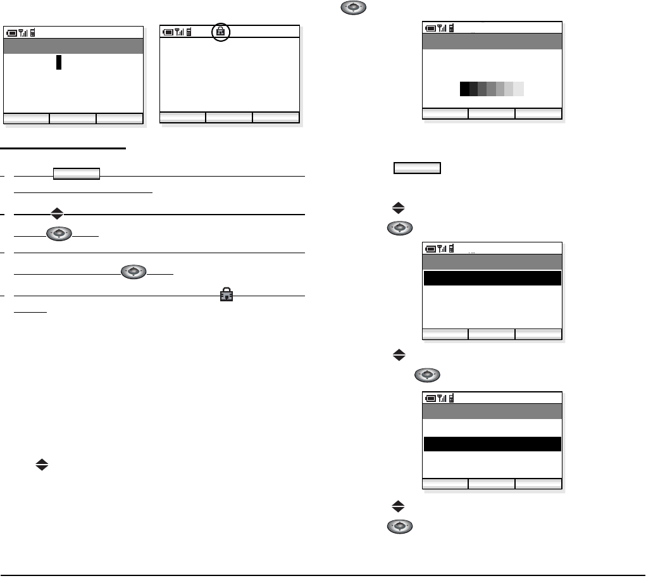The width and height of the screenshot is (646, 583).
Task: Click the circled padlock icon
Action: (x=221, y=32)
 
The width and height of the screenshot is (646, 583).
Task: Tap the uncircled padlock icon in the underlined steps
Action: (x=225, y=295)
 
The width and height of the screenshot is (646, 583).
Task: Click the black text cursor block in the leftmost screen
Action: (x=59, y=62)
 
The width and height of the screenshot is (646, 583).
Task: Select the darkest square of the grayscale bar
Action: (x=464, y=89)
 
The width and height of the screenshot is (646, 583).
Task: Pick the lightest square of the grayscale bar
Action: (x=519, y=89)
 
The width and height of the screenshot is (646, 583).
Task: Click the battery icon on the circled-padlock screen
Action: (x=168, y=32)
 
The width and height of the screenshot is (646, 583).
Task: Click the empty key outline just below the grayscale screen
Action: (x=417, y=168)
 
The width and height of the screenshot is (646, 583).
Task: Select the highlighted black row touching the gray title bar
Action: (x=492, y=279)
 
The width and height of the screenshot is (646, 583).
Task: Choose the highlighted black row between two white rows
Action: (x=492, y=444)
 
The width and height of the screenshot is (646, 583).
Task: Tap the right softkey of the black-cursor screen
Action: (x=120, y=118)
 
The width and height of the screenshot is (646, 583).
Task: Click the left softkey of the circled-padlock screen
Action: (x=183, y=116)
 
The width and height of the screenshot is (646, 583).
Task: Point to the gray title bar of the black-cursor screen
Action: (x=73, y=46)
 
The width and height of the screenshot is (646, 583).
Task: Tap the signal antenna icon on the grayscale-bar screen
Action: (x=443, y=28)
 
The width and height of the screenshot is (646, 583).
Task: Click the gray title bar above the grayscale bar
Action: (x=492, y=41)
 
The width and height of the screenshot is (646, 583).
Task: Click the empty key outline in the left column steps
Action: (x=77, y=174)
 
